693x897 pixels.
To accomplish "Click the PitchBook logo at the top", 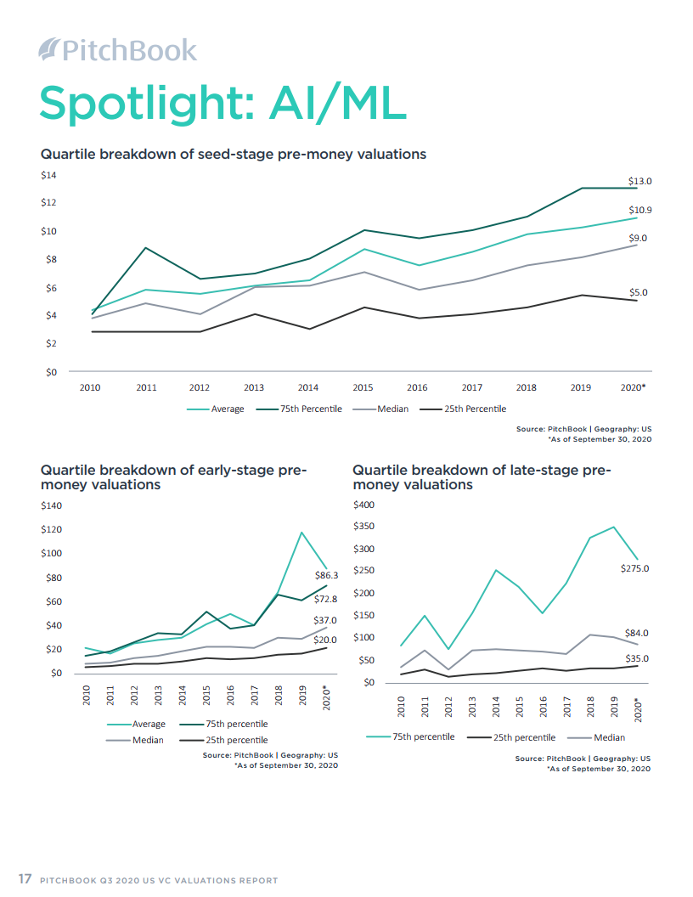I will [x=118, y=49].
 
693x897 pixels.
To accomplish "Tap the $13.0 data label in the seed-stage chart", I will [x=639, y=182].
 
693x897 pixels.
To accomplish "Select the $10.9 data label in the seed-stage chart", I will [x=639, y=210].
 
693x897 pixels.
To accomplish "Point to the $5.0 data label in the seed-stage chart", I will [x=639, y=292].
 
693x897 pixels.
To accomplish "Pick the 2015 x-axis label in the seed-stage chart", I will [x=363, y=387].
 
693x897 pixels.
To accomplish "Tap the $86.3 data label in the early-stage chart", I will [x=326, y=575].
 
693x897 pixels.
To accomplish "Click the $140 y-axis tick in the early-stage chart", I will [x=53, y=505].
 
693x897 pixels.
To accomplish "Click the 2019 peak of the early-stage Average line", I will [x=301, y=533].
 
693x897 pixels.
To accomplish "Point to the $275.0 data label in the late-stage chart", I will [x=634, y=568].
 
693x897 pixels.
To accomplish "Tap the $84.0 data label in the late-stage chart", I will [x=637, y=633].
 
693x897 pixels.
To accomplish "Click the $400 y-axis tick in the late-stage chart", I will [x=363, y=505].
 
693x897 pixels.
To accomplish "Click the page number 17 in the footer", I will [x=25, y=879].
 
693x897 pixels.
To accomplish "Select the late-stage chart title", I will [x=482, y=477].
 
